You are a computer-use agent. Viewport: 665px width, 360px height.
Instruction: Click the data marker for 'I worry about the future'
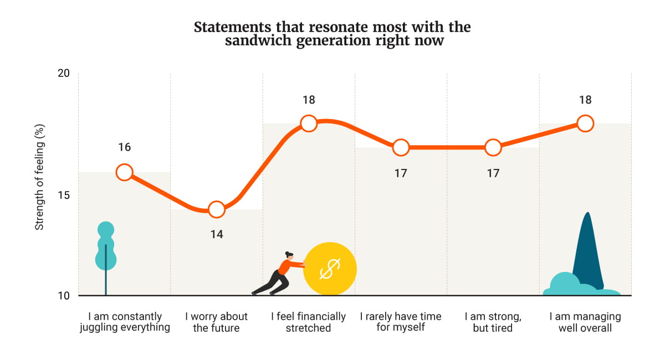(216, 209)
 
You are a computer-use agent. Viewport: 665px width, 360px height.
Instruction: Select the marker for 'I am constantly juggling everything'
(124, 172)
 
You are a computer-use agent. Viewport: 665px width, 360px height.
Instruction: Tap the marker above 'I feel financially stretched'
(309, 123)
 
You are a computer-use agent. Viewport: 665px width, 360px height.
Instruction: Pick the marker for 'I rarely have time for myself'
(401, 147)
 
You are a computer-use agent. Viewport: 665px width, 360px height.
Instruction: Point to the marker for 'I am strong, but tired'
(493, 147)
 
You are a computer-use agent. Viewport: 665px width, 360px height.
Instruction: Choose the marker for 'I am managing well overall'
(585, 123)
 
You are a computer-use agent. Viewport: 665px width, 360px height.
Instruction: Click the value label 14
(216, 234)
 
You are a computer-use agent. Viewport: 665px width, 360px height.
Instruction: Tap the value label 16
(124, 147)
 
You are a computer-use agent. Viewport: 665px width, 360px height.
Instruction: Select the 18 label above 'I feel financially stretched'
(309, 100)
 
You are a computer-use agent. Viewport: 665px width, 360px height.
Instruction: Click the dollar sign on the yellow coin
(330, 269)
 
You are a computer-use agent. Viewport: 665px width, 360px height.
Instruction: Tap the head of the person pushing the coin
(289, 255)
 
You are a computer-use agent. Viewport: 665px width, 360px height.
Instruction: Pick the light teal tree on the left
(105, 246)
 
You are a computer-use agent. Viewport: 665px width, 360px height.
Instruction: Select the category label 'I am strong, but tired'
(493, 322)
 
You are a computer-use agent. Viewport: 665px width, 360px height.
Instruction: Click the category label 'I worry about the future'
(216, 322)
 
